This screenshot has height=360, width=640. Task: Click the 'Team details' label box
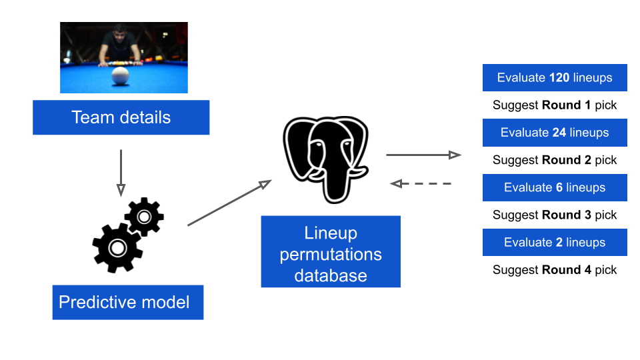[x=121, y=117]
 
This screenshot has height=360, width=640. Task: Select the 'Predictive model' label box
[x=128, y=303]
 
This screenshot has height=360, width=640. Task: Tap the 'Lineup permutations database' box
[x=331, y=251]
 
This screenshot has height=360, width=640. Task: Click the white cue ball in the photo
[x=120, y=76]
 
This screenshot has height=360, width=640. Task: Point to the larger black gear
[x=117, y=248]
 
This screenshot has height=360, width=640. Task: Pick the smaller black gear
[x=144, y=217]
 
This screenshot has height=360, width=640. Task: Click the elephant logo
[x=326, y=159]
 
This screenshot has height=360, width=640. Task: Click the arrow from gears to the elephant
[x=229, y=203]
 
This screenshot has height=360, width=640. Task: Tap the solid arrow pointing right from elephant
[x=424, y=155]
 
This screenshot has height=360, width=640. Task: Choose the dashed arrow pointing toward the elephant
[x=421, y=184]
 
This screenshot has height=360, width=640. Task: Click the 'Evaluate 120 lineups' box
[x=555, y=77]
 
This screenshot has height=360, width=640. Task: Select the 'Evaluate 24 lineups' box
[x=555, y=133]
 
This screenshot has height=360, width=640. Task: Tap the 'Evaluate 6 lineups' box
[x=555, y=188]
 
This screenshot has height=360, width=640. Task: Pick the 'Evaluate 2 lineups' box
[x=555, y=243]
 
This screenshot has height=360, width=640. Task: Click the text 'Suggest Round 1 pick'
[x=555, y=105]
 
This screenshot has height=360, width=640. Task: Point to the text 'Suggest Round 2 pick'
[x=555, y=160]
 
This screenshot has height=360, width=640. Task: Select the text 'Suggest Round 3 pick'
[x=555, y=215]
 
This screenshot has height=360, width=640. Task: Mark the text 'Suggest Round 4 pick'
[x=555, y=270]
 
